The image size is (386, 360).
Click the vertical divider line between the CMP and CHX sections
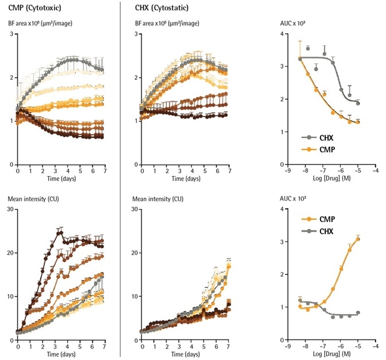coord(120,172)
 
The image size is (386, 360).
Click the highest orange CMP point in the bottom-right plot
coord(358,239)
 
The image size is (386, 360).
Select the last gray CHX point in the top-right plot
coord(358,103)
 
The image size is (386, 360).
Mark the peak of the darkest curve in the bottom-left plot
coord(60,230)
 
